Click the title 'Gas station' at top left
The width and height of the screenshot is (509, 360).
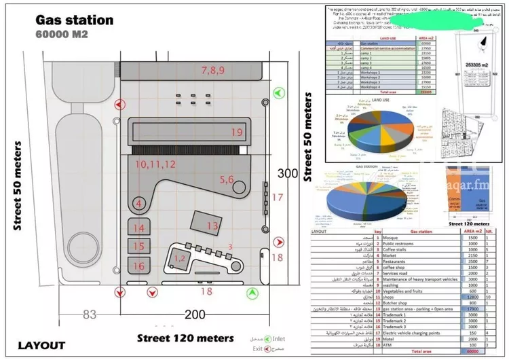tap(74, 20)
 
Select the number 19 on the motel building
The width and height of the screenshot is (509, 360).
tap(236, 132)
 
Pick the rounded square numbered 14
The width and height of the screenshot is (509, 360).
tap(139, 229)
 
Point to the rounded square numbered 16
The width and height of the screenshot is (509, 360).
tap(139, 266)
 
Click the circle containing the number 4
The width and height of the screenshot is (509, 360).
tap(139, 203)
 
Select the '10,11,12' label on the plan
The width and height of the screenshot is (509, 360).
tap(155, 164)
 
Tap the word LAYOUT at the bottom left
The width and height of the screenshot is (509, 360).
tap(41, 345)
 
